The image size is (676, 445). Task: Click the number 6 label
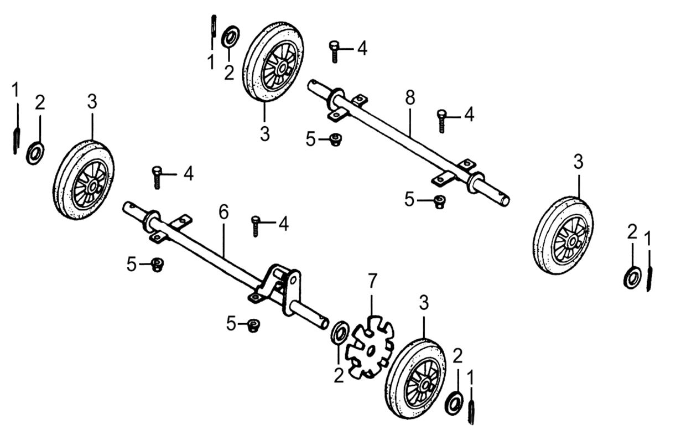tap(223, 213)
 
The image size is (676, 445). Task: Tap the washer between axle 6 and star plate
tap(339, 334)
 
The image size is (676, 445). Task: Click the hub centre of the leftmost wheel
tap(91, 181)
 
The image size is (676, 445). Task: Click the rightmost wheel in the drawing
tap(564, 234)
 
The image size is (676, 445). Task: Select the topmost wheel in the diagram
tap(274, 62)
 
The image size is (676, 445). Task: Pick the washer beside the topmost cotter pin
tap(229, 38)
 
